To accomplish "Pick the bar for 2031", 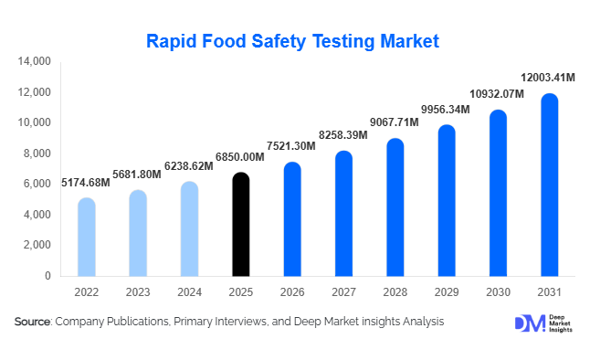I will point(550,185).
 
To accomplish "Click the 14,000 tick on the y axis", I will point(34,62).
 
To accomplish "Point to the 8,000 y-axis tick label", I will point(37,154).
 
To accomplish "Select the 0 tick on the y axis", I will point(47,275).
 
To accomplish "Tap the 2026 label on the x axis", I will point(291,292).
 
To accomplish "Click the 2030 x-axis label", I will point(498,292).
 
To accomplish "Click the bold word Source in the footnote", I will point(32,322).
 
